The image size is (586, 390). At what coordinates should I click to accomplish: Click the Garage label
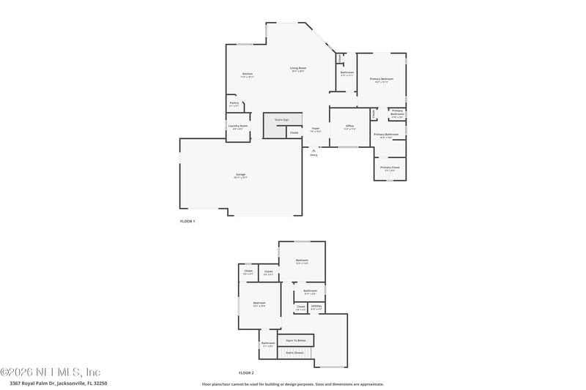[241, 175]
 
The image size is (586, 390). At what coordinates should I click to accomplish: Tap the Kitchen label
[248, 75]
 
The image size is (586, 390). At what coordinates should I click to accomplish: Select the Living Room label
[298, 69]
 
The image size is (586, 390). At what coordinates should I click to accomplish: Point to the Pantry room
[234, 104]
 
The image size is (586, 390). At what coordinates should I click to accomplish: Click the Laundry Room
[239, 127]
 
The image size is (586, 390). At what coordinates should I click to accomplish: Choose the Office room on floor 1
[349, 127]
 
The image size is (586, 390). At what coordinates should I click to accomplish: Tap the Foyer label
[316, 130]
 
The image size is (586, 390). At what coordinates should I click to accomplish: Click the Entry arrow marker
[314, 151]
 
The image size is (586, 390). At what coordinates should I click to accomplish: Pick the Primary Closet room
[390, 168]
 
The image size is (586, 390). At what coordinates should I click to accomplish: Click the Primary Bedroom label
[381, 79]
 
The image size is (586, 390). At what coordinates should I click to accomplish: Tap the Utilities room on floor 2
[316, 307]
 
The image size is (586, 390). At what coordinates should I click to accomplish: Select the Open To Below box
[296, 340]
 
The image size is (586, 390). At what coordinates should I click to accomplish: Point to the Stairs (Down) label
[295, 353]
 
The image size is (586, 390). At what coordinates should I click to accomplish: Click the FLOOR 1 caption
[188, 221]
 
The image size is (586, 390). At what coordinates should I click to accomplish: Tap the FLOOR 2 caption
[246, 373]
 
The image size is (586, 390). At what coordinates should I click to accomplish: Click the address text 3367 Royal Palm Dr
[59, 383]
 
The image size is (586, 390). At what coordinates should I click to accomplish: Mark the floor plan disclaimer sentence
[293, 383]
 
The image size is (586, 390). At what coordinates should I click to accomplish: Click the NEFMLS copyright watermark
[51, 372]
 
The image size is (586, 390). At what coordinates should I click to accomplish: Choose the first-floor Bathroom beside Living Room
[347, 73]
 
